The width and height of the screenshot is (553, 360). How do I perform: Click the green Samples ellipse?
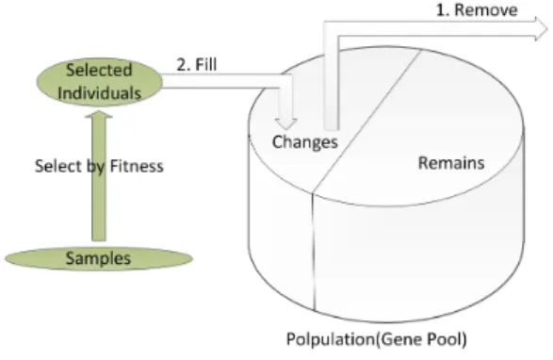click(x=99, y=258)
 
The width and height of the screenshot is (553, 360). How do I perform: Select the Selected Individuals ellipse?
click(x=100, y=82)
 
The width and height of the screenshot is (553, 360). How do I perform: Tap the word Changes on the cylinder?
click(x=304, y=142)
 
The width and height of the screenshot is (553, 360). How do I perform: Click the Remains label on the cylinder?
click(x=451, y=163)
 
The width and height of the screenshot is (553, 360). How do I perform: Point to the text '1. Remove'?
click(x=477, y=9)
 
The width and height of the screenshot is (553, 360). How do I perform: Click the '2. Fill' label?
click(x=197, y=65)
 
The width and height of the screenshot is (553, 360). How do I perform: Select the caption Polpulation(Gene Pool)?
click(x=376, y=339)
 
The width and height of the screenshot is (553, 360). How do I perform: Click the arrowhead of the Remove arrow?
click(x=542, y=28)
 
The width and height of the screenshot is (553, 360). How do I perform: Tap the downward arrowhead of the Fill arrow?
click(x=286, y=123)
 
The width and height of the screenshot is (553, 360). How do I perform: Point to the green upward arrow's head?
click(x=99, y=115)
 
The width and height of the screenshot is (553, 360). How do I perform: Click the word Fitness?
click(x=137, y=166)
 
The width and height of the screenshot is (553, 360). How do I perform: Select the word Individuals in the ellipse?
click(x=100, y=93)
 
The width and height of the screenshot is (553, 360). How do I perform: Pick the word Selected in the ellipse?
click(x=99, y=70)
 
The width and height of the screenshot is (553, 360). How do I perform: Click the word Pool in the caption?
click(x=447, y=339)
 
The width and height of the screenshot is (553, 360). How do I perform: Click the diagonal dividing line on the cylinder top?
click(x=366, y=122)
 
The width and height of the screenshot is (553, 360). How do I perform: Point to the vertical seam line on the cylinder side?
click(x=313, y=252)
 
